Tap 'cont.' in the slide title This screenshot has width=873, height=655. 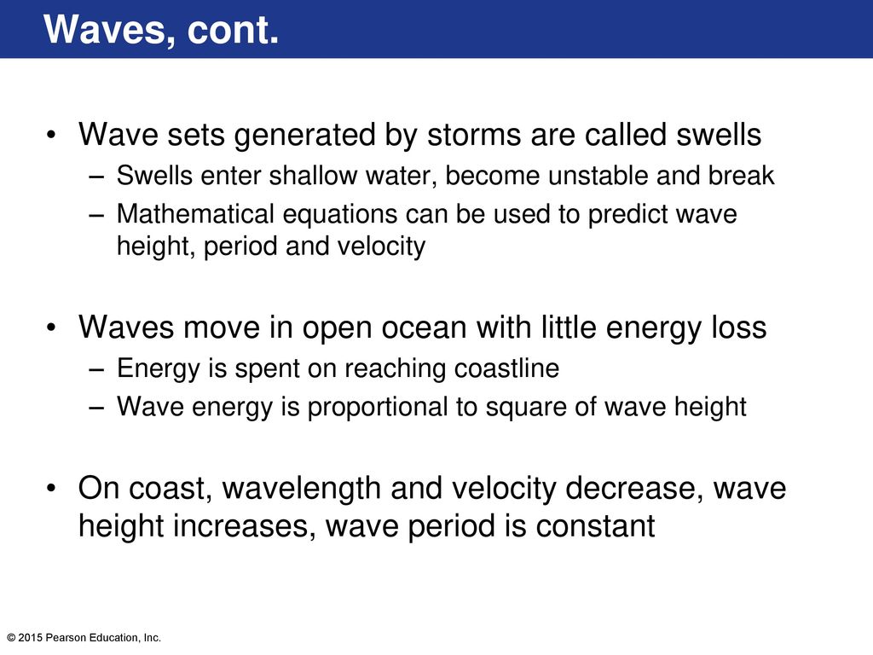coord(233,30)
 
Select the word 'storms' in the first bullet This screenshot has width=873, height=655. coord(474,135)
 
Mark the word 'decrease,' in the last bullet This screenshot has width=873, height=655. coord(634,489)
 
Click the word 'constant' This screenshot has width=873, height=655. coord(595,526)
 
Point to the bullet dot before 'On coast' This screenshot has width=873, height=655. coord(51,489)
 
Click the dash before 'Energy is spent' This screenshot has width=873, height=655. coord(96,369)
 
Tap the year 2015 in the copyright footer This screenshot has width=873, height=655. coord(30,638)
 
